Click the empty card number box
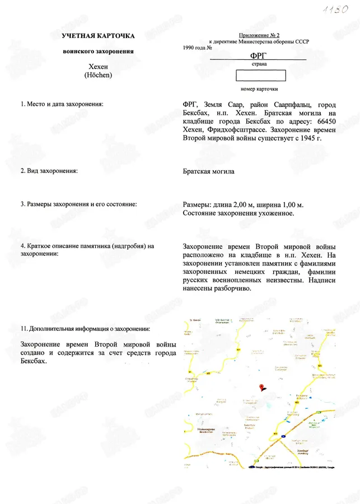261,75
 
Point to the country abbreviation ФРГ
258,55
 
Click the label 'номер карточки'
259,89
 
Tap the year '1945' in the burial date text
307,137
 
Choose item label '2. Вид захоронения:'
49,171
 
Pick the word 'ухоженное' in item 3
278,213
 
